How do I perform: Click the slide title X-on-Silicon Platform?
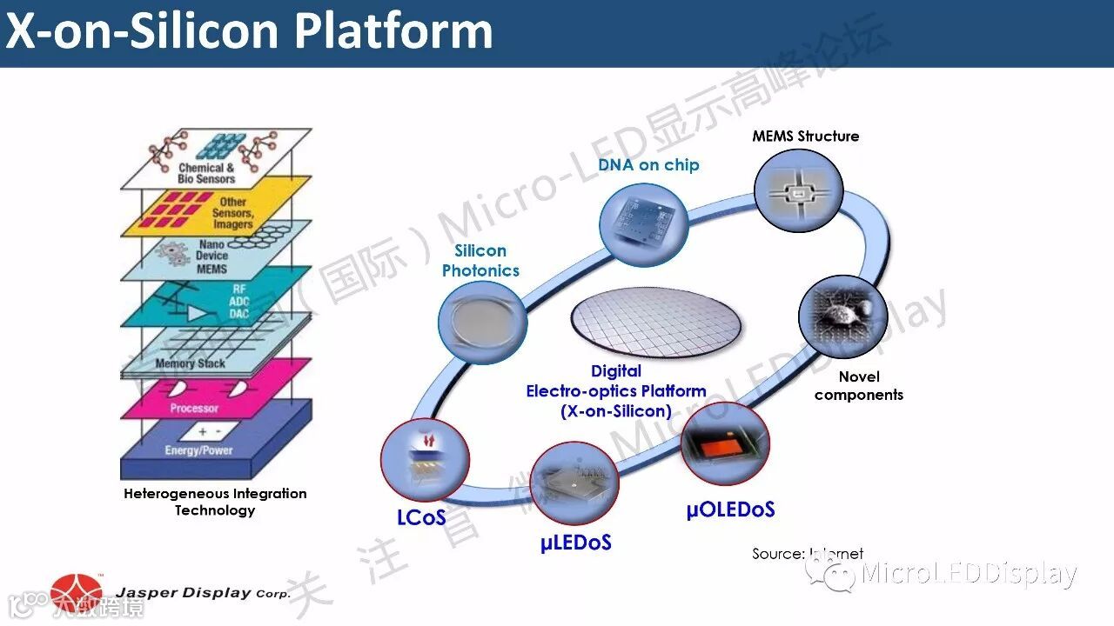click(249, 31)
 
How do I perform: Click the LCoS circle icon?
click(425, 460)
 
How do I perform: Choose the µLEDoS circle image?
click(574, 483)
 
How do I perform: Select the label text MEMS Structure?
click(805, 136)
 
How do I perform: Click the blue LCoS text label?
click(421, 517)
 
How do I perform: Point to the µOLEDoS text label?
click(730, 509)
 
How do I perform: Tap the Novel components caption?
click(858, 385)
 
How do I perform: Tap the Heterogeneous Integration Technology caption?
click(215, 502)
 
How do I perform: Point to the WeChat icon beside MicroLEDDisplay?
click(830, 573)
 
